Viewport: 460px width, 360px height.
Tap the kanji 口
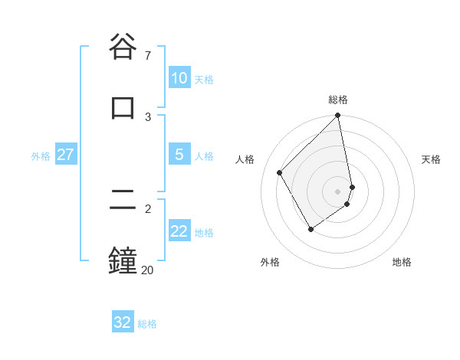point(123,108)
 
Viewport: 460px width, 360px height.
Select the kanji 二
point(123,201)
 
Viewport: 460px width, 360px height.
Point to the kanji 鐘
point(123,261)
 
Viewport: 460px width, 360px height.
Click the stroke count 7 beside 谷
point(147,56)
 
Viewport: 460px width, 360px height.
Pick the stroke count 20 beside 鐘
point(147,270)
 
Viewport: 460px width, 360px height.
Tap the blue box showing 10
point(179,78)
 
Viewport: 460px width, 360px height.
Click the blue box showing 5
point(179,155)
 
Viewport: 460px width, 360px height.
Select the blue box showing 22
point(179,231)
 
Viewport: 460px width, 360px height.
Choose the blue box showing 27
point(65,155)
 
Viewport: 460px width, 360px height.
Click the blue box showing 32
point(123,322)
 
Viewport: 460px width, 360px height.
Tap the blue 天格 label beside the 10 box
point(204,80)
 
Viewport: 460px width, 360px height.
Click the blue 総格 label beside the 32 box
point(147,324)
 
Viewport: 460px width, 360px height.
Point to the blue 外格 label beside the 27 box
point(41,156)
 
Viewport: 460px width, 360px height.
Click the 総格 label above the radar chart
point(338,100)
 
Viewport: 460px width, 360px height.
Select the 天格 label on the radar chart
point(431,159)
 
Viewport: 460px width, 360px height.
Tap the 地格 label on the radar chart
point(402,262)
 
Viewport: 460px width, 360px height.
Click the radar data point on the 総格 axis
point(338,116)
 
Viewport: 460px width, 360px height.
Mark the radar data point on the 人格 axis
point(279,172)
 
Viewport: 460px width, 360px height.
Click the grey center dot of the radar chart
point(338,191)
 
